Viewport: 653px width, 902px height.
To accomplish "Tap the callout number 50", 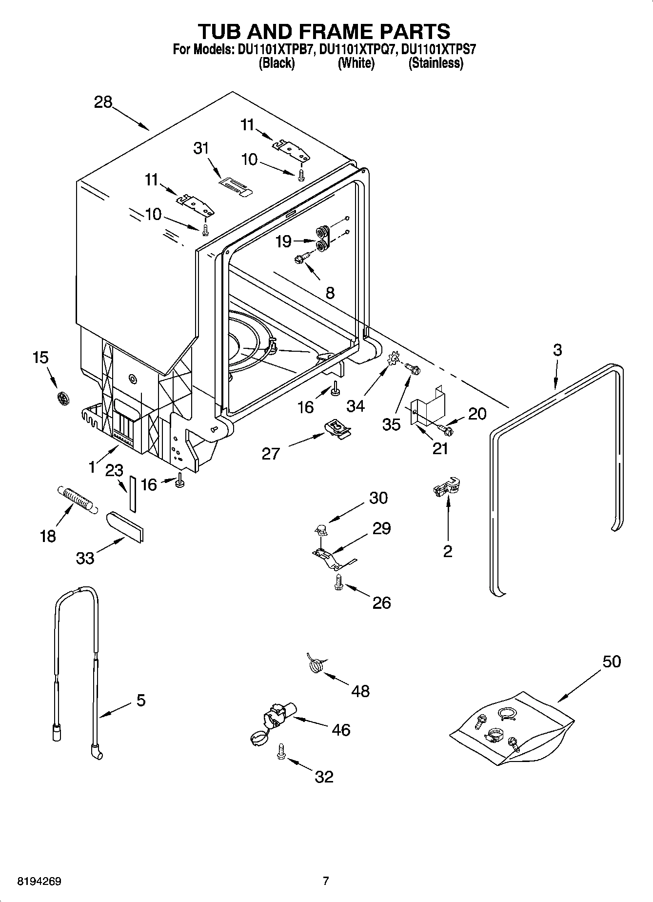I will click(612, 661).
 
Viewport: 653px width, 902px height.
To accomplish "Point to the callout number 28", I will click(103, 102).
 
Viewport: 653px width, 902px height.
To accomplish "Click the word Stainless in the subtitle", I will click(435, 63).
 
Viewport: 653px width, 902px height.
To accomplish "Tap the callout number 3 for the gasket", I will click(557, 350).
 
